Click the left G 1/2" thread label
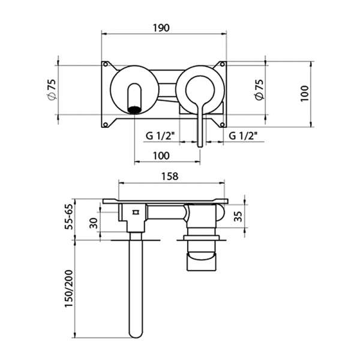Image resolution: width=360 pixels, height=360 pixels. (159, 136)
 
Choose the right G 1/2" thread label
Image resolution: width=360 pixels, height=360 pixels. (243, 136)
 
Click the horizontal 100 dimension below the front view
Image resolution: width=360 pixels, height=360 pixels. (161, 155)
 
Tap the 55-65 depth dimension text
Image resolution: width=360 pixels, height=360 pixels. (69, 217)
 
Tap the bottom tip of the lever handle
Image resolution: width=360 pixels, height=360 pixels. (199, 143)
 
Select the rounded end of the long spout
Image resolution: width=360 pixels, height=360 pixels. (135, 334)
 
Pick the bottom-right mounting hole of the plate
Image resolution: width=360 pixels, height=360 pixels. (223, 124)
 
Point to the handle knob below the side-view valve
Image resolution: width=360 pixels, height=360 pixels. (202, 262)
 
